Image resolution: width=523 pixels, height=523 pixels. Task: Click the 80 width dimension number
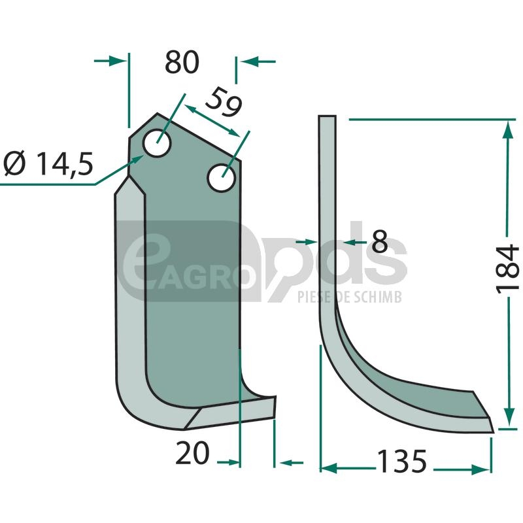coord(182,62)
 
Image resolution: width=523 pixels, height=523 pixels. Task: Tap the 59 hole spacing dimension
coord(224,102)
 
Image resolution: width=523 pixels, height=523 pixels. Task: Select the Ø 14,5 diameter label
coord(48,163)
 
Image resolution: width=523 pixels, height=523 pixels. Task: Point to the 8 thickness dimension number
coord(380,241)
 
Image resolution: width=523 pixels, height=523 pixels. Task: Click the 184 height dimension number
coord(508,269)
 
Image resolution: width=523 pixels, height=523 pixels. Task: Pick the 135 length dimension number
coord(401,462)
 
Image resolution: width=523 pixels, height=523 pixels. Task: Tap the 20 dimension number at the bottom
coord(192,453)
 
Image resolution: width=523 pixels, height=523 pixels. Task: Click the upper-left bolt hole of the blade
coord(157,143)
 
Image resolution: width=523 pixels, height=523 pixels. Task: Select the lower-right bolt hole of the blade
coord(222,178)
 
